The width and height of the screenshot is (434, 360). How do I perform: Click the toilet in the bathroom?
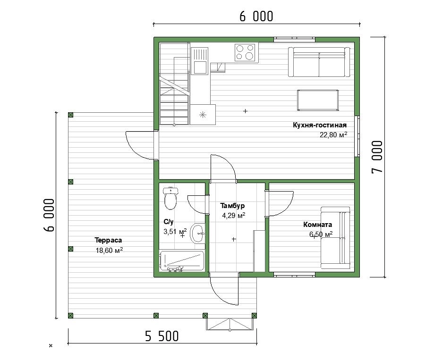[x=170, y=198]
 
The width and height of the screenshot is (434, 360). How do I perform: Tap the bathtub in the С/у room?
[x=182, y=261]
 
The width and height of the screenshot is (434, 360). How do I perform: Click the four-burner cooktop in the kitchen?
[x=245, y=52]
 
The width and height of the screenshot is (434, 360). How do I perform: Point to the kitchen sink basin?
[x=200, y=67]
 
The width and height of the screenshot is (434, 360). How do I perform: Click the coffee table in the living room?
[x=318, y=100]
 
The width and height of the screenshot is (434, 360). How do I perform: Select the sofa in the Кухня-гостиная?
[x=319, y=62]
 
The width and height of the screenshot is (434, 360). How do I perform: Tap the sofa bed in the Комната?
[x=335, y=238]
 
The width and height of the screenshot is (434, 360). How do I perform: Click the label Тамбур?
[x=232, y=206]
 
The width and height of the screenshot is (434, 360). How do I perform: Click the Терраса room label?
[x=108, y=240]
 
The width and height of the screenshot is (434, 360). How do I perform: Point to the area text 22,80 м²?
[x=333, y=134]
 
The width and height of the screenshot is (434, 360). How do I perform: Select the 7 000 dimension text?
[x=377, y=157]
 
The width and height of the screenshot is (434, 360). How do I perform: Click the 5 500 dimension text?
[x=162, y=336]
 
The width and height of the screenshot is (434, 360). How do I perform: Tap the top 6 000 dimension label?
[x=256, y=17]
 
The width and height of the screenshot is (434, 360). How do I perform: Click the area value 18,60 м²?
[x=110, y=250]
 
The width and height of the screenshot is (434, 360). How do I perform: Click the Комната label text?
[x=318, y=225]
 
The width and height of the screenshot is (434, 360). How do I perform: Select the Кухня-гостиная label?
[x=320, y=125]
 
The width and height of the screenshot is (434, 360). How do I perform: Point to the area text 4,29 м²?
[x=234, y=216]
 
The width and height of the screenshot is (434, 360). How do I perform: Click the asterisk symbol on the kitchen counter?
[x=203, y=115]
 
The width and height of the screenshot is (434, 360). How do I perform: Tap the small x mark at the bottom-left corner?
[x=51, y=346]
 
